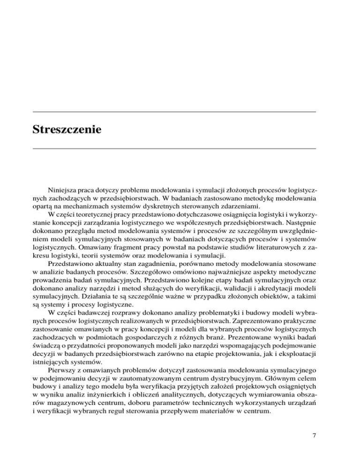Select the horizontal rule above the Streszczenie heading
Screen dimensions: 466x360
tap(174, 112)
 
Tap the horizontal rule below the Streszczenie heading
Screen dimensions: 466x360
tap(174, 148)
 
